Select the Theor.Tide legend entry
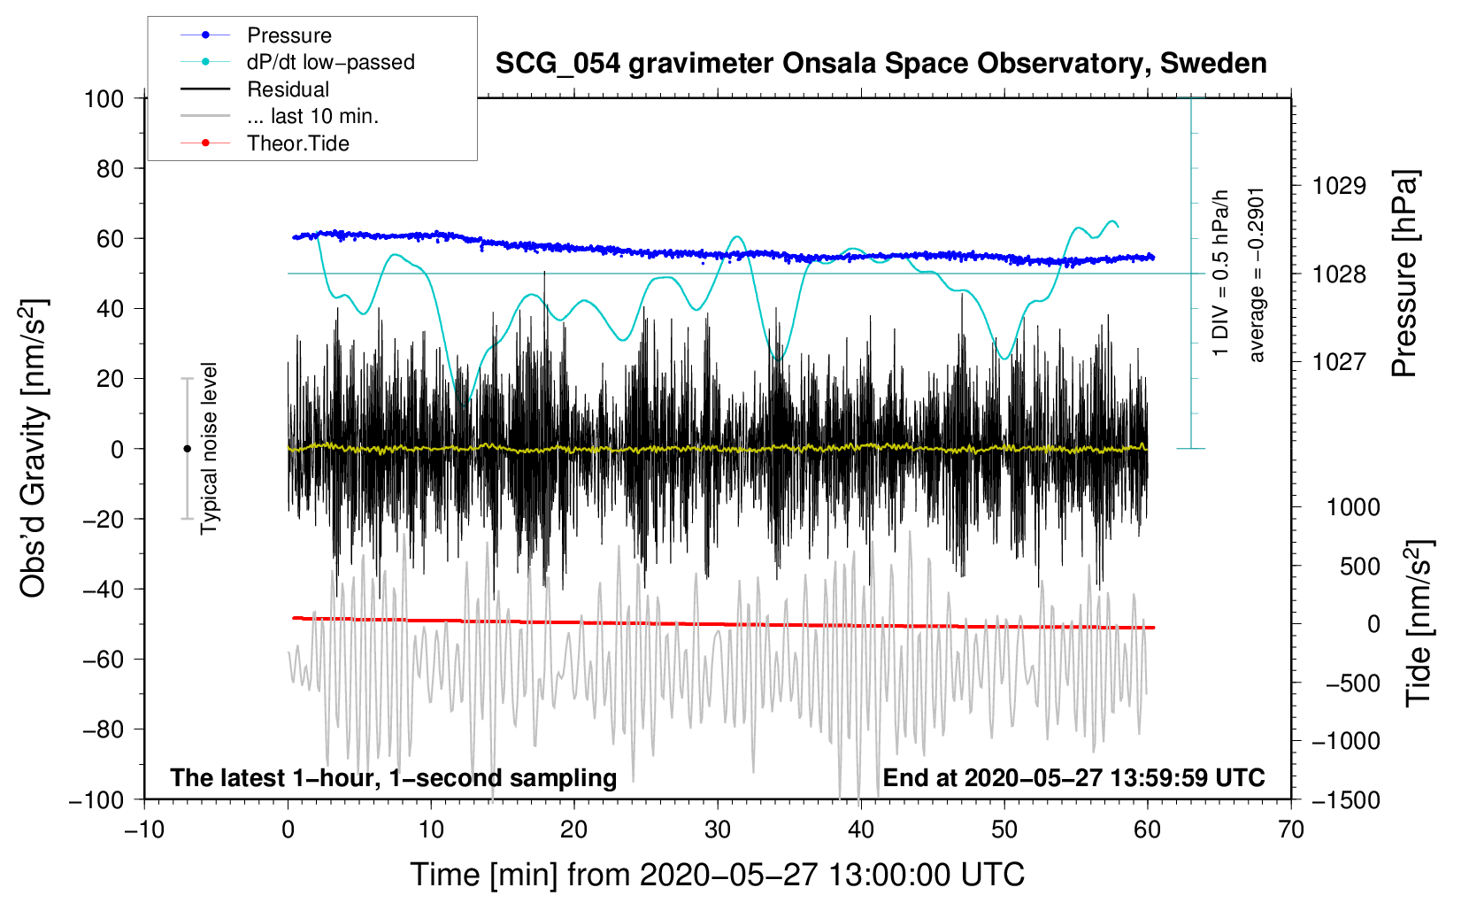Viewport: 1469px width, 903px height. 297,143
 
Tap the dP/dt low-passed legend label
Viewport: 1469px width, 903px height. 330,62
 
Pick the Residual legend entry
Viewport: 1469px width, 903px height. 288,89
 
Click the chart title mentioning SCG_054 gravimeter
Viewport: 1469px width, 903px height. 881,64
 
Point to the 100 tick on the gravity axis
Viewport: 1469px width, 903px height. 104,98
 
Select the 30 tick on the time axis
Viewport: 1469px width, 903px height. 718,830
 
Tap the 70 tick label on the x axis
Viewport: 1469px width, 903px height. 1291,830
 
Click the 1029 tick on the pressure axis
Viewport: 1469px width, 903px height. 1339,186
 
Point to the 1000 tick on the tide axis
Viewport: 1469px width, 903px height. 1353,507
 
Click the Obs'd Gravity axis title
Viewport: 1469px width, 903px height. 34,448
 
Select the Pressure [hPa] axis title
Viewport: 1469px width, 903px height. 1405,274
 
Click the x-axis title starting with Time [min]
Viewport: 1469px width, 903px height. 717,875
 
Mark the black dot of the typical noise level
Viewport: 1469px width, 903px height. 187,449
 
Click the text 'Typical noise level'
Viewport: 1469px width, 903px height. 209,448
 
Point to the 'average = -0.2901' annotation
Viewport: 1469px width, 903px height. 1257,274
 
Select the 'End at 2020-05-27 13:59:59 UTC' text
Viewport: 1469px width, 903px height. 1073,778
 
